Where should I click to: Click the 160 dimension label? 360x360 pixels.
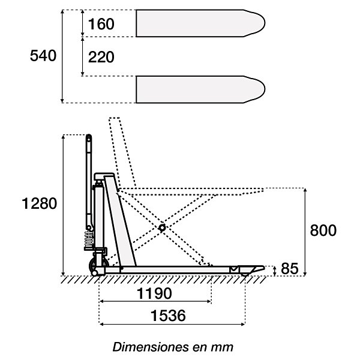101,24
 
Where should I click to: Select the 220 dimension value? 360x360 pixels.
101,57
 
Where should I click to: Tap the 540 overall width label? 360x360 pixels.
43,56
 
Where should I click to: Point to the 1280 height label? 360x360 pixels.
39,203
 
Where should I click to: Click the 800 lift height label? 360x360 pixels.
323,230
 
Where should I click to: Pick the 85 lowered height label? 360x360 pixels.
290,269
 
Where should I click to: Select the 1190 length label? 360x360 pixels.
154,293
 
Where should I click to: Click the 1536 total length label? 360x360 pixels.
168,316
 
